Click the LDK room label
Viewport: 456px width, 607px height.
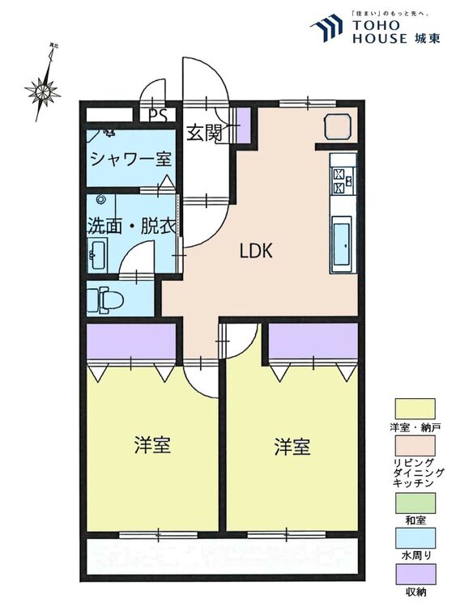point(256,251)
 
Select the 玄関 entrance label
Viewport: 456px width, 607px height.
point(204,134)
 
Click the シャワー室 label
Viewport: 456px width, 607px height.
point(130,158)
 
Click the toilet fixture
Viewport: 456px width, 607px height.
point(105,300)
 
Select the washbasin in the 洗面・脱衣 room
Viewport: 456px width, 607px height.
point(96,256)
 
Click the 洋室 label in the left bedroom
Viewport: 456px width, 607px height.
point(151,445)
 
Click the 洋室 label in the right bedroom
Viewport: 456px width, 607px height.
point(292,447)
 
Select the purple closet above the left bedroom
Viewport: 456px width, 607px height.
point(131,342)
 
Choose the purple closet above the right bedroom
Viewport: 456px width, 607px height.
point(313,341)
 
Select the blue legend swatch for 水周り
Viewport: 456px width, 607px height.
point(415,538)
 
